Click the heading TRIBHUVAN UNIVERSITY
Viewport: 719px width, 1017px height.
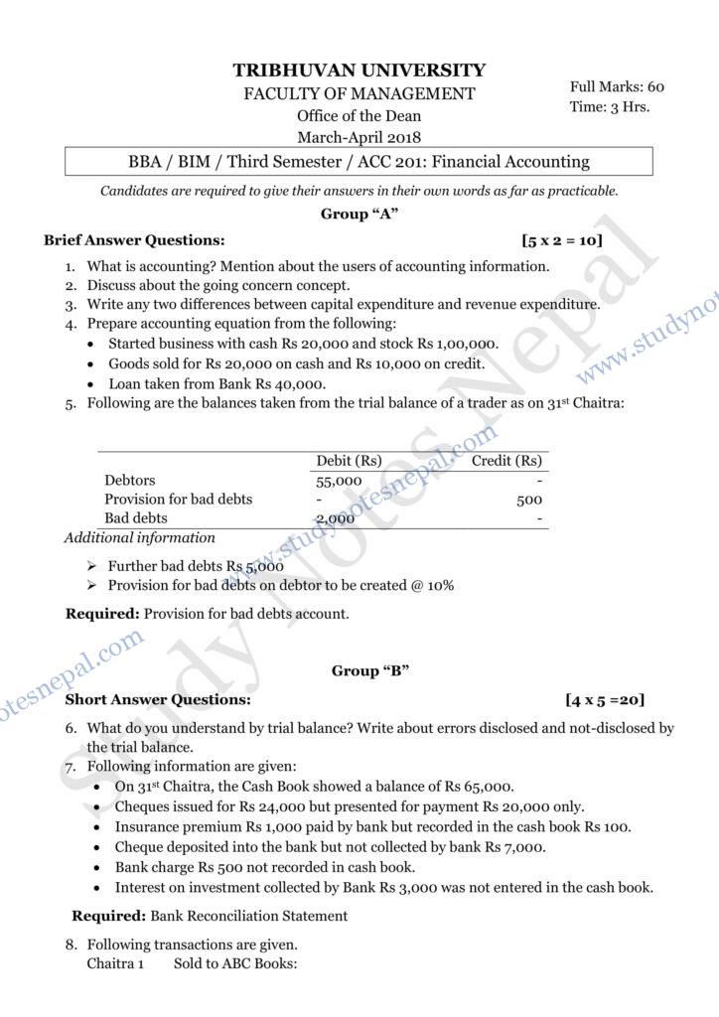(359, 71)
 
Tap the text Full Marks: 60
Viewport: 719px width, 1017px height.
(617, 86)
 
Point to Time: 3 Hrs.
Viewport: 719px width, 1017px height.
(610, 106)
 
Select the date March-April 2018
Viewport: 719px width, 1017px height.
(359, 137)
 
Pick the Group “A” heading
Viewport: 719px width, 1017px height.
(359, 215)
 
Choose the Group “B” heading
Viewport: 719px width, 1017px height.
(370, 671)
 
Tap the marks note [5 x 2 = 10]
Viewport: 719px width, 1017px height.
(561, 240)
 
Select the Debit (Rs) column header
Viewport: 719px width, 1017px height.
(348, 461)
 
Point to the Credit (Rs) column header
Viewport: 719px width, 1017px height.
(506, 461)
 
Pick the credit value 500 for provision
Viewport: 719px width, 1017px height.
(529, 500)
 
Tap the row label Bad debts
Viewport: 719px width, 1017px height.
(136, 518)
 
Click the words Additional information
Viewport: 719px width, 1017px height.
(139, 538)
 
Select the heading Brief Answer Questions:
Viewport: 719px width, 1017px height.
(134, 240)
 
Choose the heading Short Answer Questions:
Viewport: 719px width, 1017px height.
(143, 699)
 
